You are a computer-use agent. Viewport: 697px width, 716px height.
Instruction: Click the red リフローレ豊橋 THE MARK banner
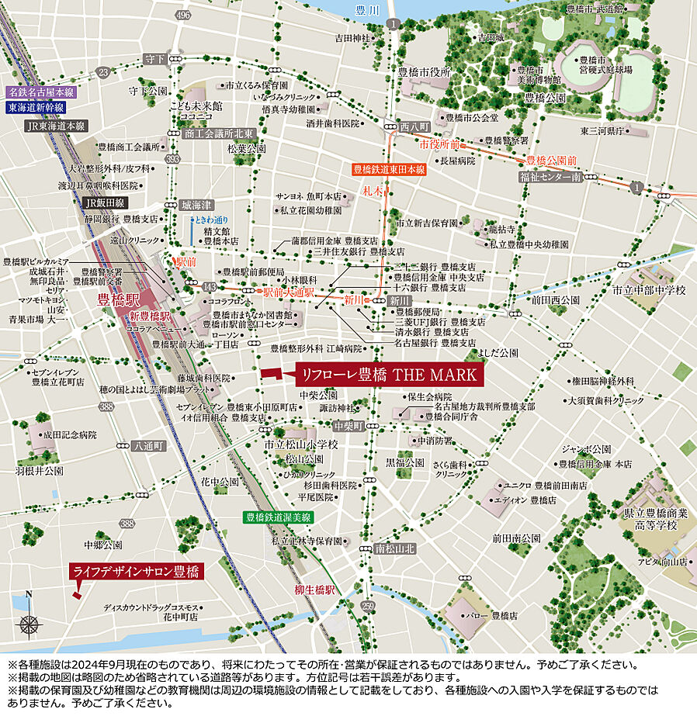(x=389, y=375)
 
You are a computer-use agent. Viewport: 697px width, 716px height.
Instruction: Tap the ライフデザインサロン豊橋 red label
(x=137, y=572)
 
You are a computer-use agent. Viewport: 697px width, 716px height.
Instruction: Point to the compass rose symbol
(x=29, y=623)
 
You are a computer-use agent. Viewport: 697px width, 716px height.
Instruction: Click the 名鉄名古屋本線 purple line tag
(x=36, y=92)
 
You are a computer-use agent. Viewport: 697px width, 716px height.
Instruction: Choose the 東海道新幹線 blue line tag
(x=36, y=108)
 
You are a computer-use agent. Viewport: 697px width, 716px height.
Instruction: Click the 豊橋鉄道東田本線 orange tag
(x=389, y=168)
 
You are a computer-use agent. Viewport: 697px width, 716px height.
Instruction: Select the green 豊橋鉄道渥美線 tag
(x=278, y=517)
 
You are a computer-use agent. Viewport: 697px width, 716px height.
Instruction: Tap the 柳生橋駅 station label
(x=314, y=590)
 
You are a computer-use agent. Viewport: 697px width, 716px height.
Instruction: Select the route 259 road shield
(x=368, y=605)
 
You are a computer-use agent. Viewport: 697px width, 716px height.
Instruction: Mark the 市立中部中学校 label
(x=649, y=290)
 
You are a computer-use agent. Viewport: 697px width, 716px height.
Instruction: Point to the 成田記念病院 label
(x=70, y=435)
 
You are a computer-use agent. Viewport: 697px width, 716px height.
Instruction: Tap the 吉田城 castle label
(x=492, y=36)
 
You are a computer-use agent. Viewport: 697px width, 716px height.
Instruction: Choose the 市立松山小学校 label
(x=301, y=444)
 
